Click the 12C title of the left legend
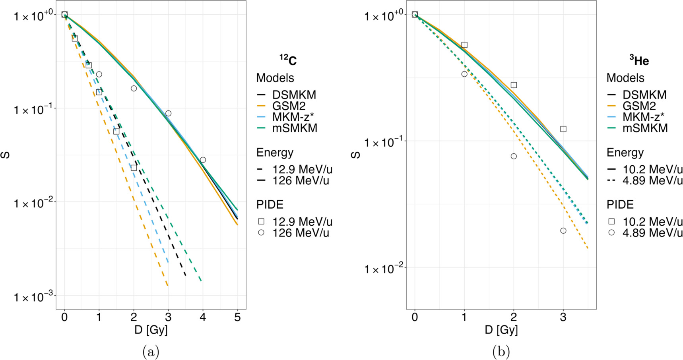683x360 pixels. coord(288,60)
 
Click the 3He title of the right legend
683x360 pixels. coord(639,60)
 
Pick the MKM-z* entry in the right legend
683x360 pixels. coord(643,117)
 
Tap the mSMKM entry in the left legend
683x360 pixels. coord(294,128)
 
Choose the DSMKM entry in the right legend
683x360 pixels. coord(644,95)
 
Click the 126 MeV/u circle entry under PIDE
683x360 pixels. coord(294,233)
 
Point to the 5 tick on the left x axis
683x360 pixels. coord(238,317)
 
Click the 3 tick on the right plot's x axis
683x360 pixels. coord(563,317)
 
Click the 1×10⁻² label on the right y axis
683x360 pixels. coord(383,269)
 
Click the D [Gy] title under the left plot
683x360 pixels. coord(151,330)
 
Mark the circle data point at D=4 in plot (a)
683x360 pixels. coord(203,160)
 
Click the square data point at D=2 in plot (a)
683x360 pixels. coord(134,168)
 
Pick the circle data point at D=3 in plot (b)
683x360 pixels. coord(563,231)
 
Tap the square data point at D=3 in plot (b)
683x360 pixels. coord(563,129)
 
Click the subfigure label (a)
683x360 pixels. coord(151,352)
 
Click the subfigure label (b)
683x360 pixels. coord(501,352)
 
